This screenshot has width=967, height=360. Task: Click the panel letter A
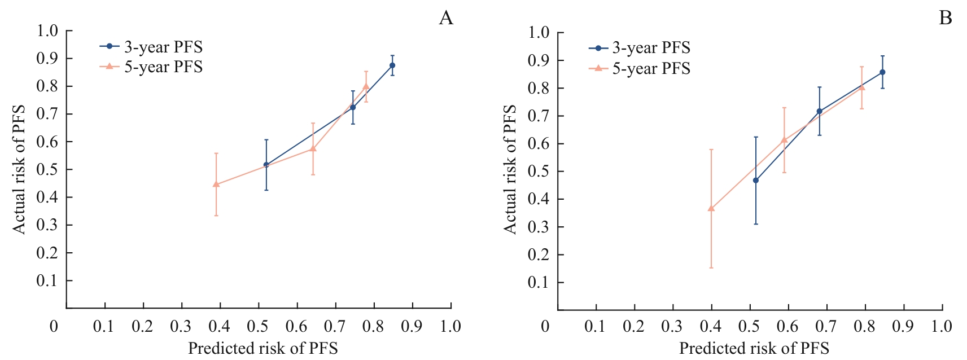point(446,19)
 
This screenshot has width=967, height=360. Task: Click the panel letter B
point(945,19)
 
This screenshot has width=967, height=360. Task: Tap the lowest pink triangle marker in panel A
point(216,184)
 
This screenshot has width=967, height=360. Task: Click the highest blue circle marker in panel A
point(392,65)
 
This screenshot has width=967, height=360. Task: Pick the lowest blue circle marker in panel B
point(756,181)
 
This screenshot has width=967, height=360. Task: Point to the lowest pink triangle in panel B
point(711,208)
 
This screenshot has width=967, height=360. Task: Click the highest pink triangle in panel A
point(366,86)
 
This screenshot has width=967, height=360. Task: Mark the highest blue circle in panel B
point(882,72)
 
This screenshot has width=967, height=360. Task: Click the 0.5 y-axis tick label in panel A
point(47,169)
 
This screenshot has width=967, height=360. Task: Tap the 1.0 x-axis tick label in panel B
point(942,326)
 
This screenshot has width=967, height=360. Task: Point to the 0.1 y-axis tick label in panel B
point(539,282)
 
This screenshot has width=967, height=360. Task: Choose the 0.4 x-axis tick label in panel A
point(219,326)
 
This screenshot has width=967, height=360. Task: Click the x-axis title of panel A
point(262,348)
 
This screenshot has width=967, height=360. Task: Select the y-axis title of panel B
point(510,169)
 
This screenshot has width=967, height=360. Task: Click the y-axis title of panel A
point(19,169)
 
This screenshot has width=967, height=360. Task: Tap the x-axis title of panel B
point(754,348)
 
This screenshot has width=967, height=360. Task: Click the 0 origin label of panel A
point(54,326)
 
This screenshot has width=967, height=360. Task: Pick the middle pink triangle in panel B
point(784,139)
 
